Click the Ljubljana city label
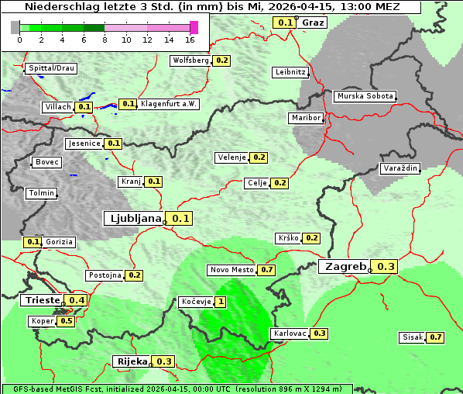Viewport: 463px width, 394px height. click(x=133, y=218)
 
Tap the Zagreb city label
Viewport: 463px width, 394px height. click(x=345, y=266)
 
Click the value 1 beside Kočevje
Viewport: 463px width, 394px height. click(x=221, y=302)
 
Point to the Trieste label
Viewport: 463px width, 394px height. click(x=43, y=299)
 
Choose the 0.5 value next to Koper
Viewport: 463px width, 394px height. click(x=66, y=321)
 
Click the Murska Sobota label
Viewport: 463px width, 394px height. click(x=365, y=97)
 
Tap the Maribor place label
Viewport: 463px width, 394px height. click(x=304, y=118)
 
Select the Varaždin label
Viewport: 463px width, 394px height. click(x=400, y=168)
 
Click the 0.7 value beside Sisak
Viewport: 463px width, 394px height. click(x=435, y=337)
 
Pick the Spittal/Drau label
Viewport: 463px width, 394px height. click(x=52, y=68)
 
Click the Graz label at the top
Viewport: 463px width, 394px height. click(x=313, y=22)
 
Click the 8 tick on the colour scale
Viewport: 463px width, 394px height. click(x=105, y=40)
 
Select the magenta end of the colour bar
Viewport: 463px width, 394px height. click(x=194, y=27)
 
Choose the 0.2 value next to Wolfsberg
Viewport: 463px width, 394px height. click(x=222, y=60)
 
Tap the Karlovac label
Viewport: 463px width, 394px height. click(x=289, y=334)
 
